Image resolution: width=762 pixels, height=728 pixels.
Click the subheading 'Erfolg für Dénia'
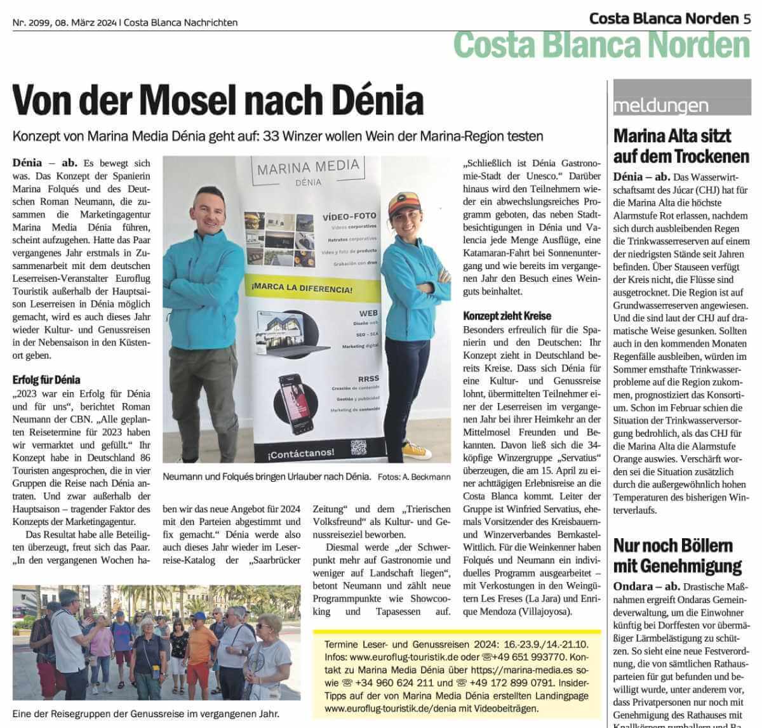tap(46, 380)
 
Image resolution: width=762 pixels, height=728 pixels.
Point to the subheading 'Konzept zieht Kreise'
tap(507, 315)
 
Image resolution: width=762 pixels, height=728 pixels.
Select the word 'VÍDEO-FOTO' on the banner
tap(349, 216)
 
